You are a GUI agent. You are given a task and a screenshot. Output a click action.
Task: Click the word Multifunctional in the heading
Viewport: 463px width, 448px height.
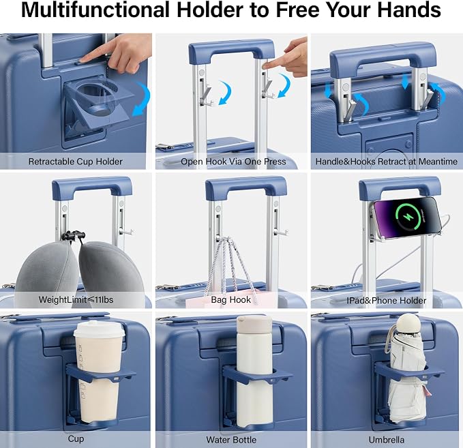coord(95,10)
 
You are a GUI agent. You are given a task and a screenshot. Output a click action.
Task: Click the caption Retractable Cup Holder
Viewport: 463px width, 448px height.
coord(75,162)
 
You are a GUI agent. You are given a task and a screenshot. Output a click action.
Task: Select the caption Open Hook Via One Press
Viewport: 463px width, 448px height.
coord(233,162)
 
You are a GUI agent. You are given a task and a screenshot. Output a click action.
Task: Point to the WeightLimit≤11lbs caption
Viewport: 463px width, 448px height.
coord(76,300)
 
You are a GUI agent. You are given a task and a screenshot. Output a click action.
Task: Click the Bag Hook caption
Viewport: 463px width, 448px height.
coord(231,300)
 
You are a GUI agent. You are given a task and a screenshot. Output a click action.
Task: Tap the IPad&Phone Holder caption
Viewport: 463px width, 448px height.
coord(386,300)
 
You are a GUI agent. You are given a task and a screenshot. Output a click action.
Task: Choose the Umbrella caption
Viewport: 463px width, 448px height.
coord(386,440)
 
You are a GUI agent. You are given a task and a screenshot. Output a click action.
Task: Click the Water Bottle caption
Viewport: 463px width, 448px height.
coord(231,440)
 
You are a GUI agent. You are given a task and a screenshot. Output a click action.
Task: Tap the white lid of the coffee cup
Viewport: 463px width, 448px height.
coord(100,329)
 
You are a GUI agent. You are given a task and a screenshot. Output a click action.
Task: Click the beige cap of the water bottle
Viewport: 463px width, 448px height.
coord(254,323)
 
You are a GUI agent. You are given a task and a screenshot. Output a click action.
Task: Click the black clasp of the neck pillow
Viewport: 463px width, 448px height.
coord(74,235)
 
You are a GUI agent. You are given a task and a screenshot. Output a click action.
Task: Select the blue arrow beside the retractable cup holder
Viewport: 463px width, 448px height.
coord(141,99)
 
